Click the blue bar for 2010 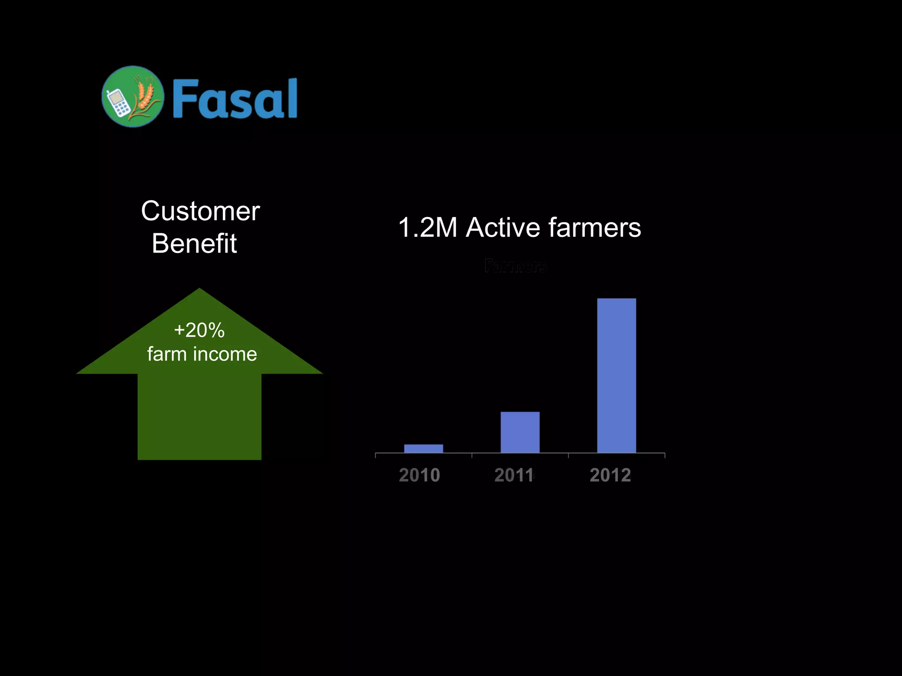(x=423, y=448)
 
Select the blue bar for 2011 (x=520, y=432)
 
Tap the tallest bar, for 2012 (x=616, y=375)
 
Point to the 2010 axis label (x=419, y=475)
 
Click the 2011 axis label (x=514, y=475)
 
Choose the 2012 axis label (x=610, y=475)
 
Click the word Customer (x=200, y=211)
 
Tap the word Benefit (x=194, y=243)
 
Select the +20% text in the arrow (x=199, y=330)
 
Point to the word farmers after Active (x=595, y=228)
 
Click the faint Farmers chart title (x=515, y=266)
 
